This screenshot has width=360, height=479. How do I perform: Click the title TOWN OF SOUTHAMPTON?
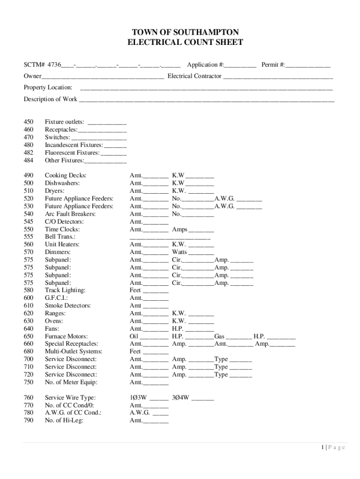click(x=186, y=32)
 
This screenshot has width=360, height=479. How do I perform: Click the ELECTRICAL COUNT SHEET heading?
click(x=186, y=43)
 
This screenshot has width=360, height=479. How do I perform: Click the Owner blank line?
click(x=102, y=77)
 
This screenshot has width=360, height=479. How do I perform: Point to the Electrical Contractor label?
click(x=194, y=76)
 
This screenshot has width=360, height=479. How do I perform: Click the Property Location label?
click(x=48, y=87)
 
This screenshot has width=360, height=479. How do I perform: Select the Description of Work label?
click(x=50, y=99)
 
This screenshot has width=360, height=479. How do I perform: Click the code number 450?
click(x=29, y=123)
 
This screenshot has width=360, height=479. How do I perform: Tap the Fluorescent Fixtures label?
click(x=72, y=153)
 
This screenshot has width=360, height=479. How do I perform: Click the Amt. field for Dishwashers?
click(x=156, y=184)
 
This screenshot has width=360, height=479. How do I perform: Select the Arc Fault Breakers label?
click(x=70, y=214)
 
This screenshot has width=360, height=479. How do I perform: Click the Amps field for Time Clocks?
click(x=201, y=230)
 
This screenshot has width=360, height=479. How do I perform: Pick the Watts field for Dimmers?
click(x=201, y=253)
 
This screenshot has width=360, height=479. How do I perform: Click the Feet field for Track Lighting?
click(x=155, y=291)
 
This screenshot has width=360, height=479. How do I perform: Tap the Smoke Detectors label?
click(x=68, y=306)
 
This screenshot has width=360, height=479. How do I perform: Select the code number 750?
click(x=29, y=382)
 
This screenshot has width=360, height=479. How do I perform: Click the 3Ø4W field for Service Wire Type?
click(x=202, y=399)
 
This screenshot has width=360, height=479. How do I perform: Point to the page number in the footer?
click(x=333, y=448)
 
